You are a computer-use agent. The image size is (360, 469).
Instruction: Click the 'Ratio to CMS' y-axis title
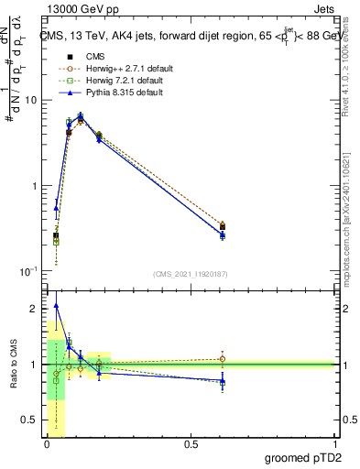tap(14, 365)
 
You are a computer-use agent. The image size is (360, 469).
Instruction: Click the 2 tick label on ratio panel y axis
tap(35, 309)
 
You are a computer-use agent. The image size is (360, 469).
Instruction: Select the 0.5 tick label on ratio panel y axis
tap(30, 420)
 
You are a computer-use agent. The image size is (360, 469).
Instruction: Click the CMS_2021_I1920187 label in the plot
tap(190, 274)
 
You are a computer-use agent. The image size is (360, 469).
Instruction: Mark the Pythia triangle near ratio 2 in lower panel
tap(56, 306)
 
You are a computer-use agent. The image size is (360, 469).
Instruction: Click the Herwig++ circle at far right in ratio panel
tap(223, 359)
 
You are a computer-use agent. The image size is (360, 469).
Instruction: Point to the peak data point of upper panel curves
tap(81, 117)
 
